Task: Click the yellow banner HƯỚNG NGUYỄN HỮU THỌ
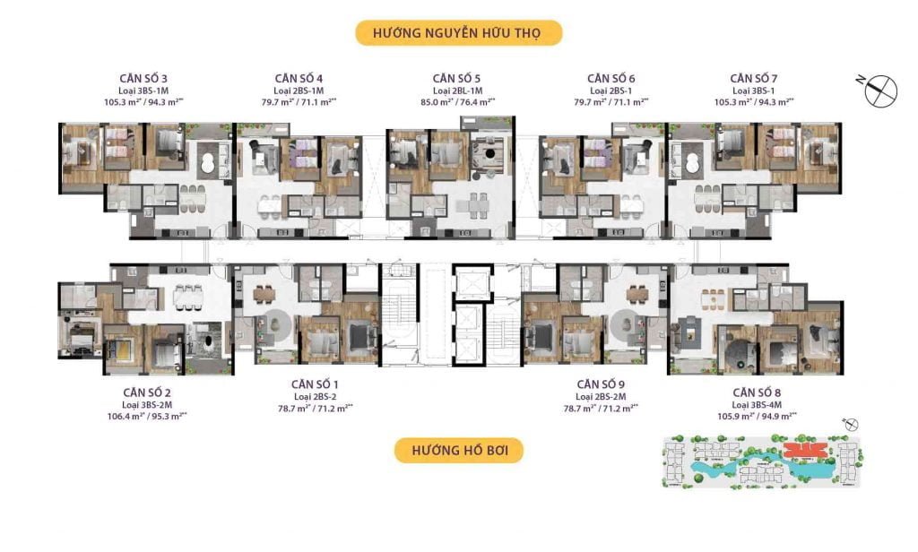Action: pos(458,34)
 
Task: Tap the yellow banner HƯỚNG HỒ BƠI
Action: pos(458,450)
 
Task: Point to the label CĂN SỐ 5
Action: pos(458,79)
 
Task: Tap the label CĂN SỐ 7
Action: pos(754,79)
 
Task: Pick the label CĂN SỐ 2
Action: pos(150,392)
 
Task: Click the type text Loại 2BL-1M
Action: pos(458,91)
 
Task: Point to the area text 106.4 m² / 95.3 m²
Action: pos(150,416)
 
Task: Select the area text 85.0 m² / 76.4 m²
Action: pos(458,103)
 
